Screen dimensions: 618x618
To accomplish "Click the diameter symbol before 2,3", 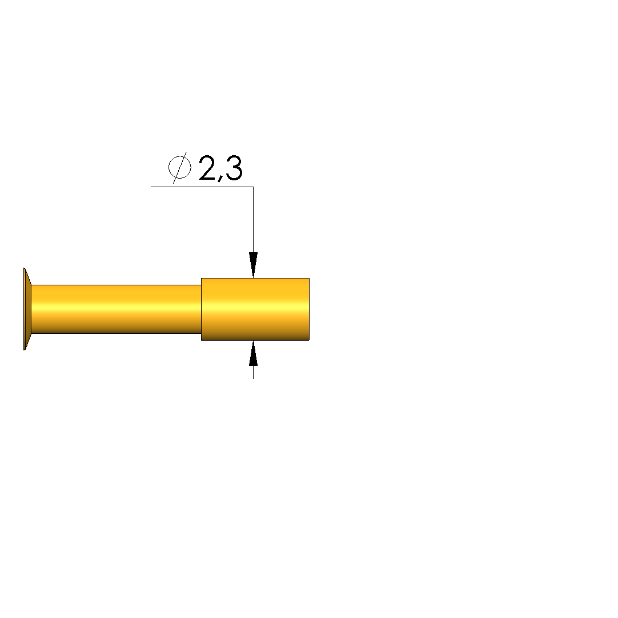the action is pyautogui.click(x=179, y=167).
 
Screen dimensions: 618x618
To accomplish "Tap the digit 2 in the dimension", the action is pyautogui.click(x=207, y=168).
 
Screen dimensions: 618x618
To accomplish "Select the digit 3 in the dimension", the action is pyautogui.click(x=234, y=168).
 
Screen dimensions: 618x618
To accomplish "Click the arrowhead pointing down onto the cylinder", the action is pyautogui.click(x=253, y=265).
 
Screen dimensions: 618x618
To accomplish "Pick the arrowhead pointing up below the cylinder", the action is pyautogui.click(x=253, y=353).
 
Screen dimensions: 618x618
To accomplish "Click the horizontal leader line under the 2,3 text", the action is pyautogui.click(x=202, y=187).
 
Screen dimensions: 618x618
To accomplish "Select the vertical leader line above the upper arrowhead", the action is pyautogui.click(x=253, y=220).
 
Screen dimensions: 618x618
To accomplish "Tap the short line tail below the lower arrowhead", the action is pyautogui.click(x=253, y=373).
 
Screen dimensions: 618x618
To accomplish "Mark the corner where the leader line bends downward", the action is pyautogui.click(x=253, y=187).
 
